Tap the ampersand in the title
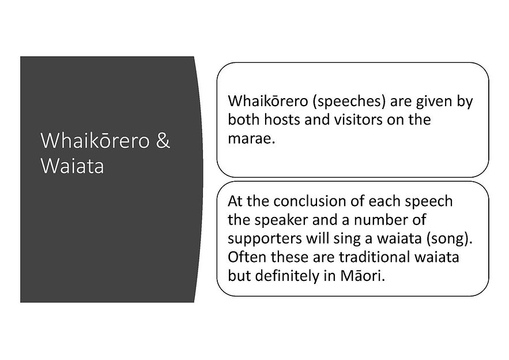point(163,141)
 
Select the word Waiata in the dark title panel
point(72,167)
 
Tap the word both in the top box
point(243,120)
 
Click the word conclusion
point(315,201)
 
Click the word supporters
point(262,238)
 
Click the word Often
point(245,257)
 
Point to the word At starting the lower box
point(235,201)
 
